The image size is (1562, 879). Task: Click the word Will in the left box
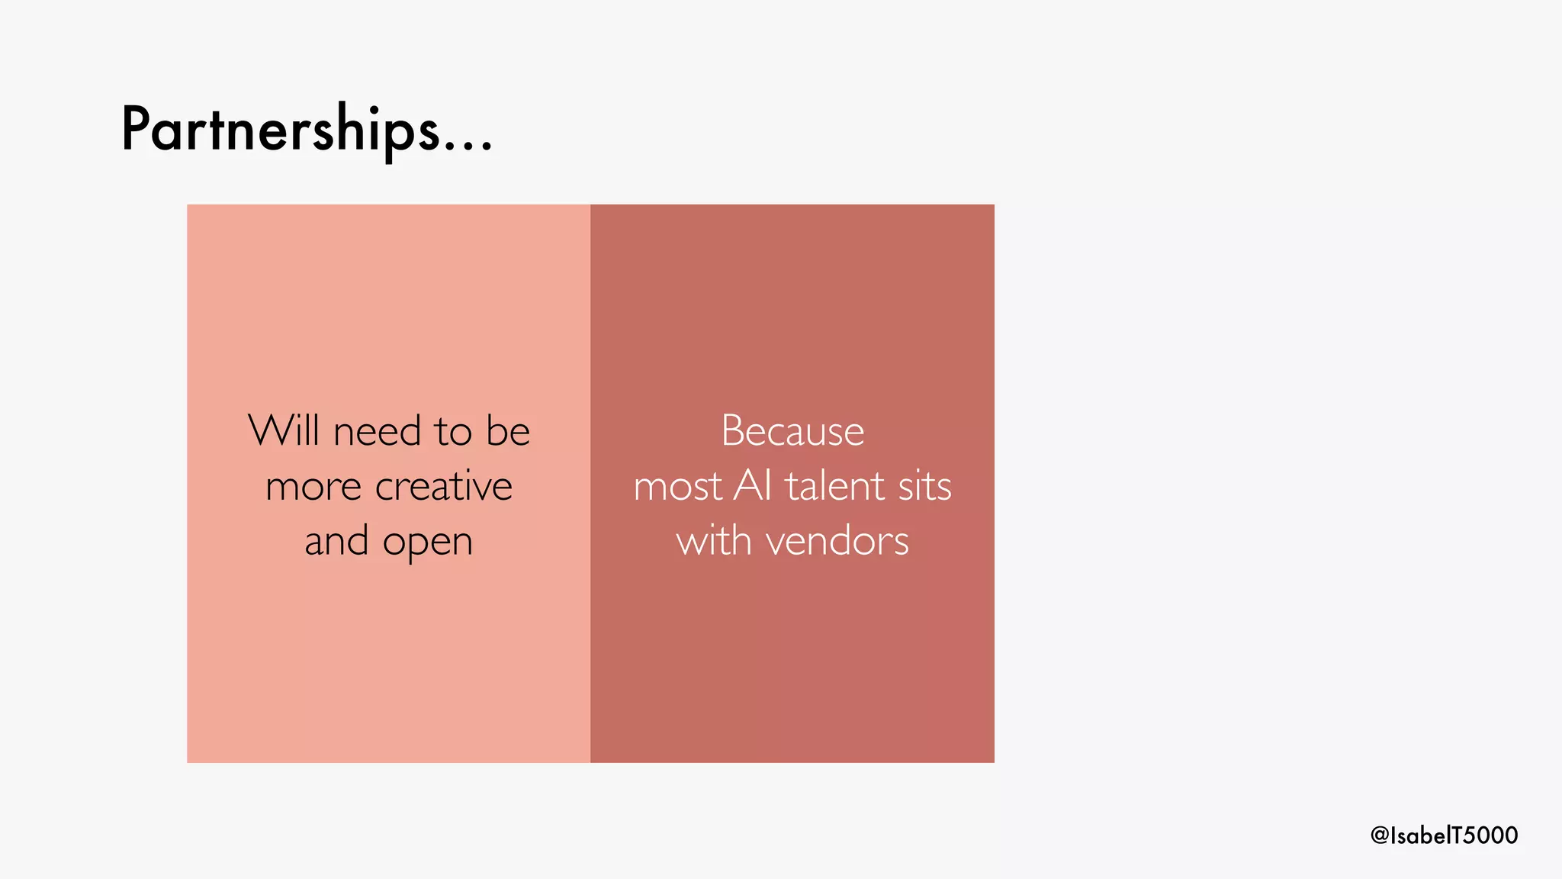[x=283, y=430]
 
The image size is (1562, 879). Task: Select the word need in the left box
[x=377, y=432]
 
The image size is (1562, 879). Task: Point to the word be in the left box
[x=507, y=431]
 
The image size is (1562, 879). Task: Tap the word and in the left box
[x=336, y=541]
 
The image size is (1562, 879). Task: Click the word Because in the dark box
[x=792, y=431]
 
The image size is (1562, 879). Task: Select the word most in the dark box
[x=677, y=487]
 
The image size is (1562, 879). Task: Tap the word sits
[x=925, y=486]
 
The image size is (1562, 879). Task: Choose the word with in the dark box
[x=714, y=541]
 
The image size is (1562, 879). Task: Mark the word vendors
[x=837, y=542]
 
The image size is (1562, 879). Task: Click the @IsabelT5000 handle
[x=1444, y=835]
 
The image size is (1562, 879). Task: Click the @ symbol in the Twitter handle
[x=1380, y=836]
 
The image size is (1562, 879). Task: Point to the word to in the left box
[x=454, y=432]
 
